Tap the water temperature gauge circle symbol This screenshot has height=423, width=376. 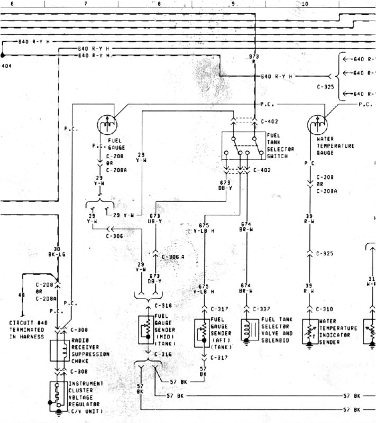coord(317,125)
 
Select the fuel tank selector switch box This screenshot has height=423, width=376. coord(243,145)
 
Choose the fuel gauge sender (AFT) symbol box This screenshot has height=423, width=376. coord(203,332)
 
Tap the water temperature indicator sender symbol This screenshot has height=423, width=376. coord(310,332)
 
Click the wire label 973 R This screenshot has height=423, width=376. coord(254,59)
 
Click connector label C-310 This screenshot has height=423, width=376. coord(325,309)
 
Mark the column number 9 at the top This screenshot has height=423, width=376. coord(233,3)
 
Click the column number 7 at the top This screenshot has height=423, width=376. coord(85,3)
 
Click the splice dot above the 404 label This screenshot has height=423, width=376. coord(3,54)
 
